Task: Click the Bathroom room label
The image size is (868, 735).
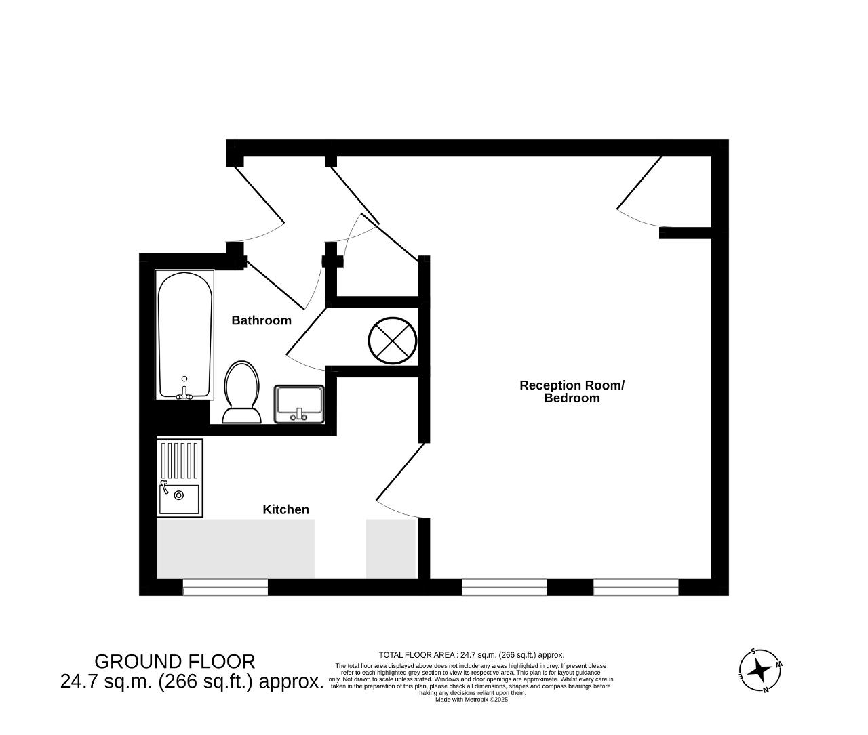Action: coord(261,320)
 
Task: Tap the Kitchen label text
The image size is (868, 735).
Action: coord(285,509)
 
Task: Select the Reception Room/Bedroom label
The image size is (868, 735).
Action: coord(572,392)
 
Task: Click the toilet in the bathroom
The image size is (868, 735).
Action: coord(241,392)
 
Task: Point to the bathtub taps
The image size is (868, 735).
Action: coord(184,394)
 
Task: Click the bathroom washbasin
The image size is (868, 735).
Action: coord(299,404)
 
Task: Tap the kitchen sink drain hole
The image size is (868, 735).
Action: coord(179,495)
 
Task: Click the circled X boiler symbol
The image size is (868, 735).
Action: coord(392,340)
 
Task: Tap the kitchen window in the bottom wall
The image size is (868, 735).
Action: coord(226,587)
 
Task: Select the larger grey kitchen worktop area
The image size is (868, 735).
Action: coord(235,549)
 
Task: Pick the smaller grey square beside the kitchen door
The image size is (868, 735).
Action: coord(391,549)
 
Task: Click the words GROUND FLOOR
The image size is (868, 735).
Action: coord(175,662)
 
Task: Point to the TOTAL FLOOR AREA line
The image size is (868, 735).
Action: coord(471,655)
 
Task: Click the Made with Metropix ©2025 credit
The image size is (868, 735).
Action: coord(471,700)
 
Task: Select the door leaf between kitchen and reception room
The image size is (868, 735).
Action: coord(400,471)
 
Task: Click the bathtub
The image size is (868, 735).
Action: coord(184,335)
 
